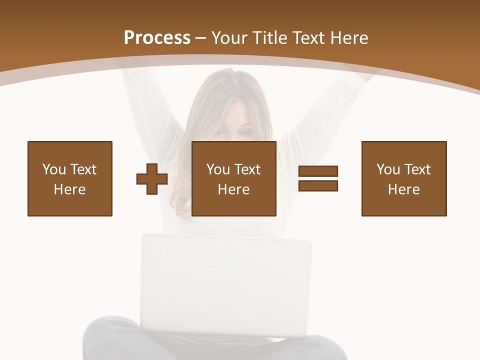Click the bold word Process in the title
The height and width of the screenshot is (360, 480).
pyautogui.click(x=157, y=38)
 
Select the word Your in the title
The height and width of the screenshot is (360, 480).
pyautogui.click(x=228, y=38)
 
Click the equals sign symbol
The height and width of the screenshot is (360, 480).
pyautogui.click(x=318, y=178)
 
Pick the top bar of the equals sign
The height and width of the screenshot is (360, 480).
pyautogui.click(x=318, y=171)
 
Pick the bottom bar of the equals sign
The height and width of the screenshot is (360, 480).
pyautogui.click(x=318, y=185)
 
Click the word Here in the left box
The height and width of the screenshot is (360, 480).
pyautogui.click(x=69, y=189)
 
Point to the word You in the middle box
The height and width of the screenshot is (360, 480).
pyautogui.click(x=218, y=169)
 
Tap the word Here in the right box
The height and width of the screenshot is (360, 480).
pyautogui.click(x=403, y=189)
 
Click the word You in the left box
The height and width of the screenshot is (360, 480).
pyautogui.click(x=54, y=169)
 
